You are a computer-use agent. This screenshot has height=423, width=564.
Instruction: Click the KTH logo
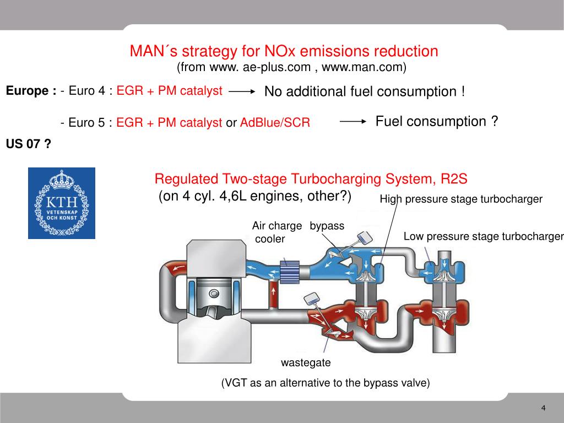[x=62, y=203]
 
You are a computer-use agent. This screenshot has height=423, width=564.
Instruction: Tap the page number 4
[x=543, y=408]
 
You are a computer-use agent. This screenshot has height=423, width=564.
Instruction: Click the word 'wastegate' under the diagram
[x=306, y=363]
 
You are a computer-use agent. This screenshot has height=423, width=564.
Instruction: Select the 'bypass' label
[x=327, y=226]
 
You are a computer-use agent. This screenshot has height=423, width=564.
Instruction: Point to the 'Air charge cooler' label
[x=276, y=232]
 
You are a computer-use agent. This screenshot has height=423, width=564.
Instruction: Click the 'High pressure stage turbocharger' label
[x=461, y=199]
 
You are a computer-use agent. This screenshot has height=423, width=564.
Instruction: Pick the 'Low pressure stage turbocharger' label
[x=484, y=237]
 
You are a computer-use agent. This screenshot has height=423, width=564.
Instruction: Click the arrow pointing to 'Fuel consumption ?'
[x=353, y=122]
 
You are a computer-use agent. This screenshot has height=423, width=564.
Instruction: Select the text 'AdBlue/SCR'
[x=275, y=123]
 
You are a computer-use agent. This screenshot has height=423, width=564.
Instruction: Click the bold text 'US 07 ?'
[x=29, y=144]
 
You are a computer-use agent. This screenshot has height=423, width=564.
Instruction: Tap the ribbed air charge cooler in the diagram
[x=289, y=272]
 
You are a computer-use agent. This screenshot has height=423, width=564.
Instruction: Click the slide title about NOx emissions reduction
[x=284, y=51]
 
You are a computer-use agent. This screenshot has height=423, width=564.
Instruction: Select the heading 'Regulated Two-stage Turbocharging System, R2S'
[x=311, y=179]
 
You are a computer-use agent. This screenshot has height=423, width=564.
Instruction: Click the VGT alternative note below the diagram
[x=325, y=383]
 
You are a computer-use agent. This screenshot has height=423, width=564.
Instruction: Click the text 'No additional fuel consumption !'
[x=365, y=91]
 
